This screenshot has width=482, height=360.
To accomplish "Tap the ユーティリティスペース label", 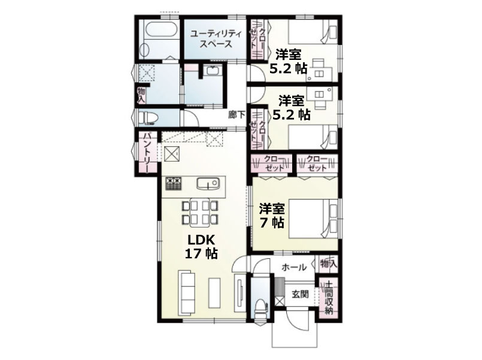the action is [x=216, y=38].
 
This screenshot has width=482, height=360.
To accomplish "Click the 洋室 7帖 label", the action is [x=272, y=216].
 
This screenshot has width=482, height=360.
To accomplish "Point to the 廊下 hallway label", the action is [x=237, y=115].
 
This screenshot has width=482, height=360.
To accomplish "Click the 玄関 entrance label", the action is [x=300, y=294].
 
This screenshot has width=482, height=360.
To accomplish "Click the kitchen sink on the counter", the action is [x=208, y=184].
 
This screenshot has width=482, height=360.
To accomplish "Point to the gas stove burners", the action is [x=174, y=183].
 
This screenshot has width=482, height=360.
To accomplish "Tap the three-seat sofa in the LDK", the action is [x=187, y=292].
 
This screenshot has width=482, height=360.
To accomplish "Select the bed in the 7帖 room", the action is [x=313, y=219].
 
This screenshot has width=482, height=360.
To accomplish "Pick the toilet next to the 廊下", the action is [x=148, y=118].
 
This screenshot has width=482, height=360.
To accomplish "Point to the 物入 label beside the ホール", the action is [x=328, y=264].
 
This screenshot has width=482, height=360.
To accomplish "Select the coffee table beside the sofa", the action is [x=214, y=293].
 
